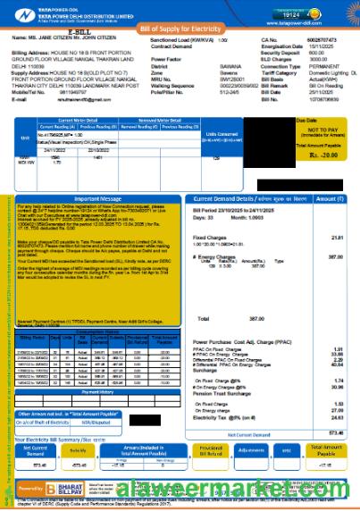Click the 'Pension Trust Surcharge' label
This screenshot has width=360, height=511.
tap(224, 368)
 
